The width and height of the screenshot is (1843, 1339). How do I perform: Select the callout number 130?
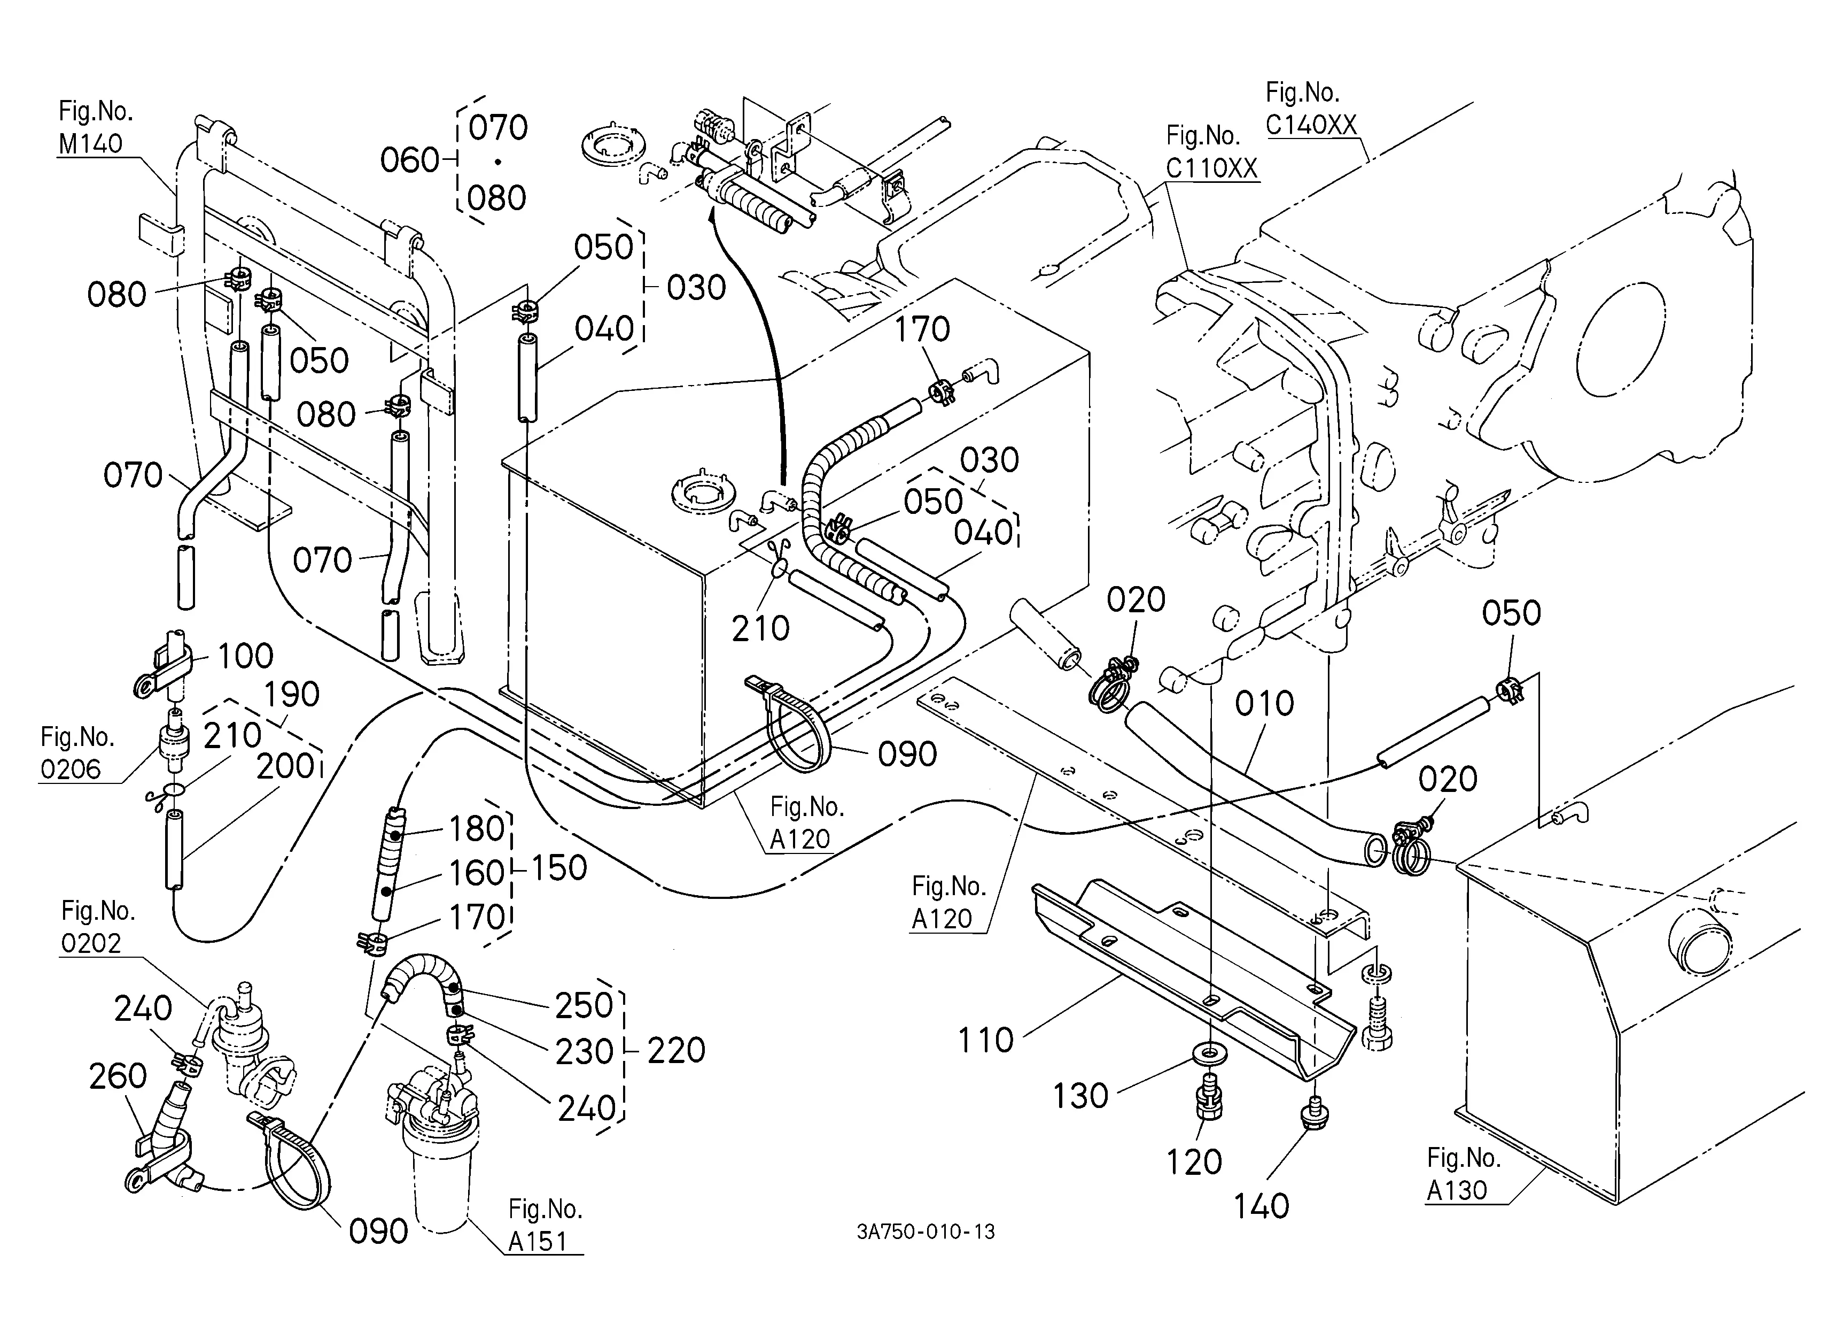pyautogui.click(x=1081, y=1096)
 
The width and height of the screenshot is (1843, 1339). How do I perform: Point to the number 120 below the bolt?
pyautogui.click(x=1194, y=1163)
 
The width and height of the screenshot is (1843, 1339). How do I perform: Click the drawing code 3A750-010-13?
pyautogui.click(x=926, y=1232)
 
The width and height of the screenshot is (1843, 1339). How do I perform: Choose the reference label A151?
pyautogui.click(x=537, y=1242)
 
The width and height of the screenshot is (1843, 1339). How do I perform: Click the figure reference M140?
pyautogui.click(x=90, y=144)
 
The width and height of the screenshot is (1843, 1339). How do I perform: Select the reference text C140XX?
pyautogui.click(x=1311, y=125)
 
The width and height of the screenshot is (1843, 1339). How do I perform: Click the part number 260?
pyautogui.click(x=118, y=1076)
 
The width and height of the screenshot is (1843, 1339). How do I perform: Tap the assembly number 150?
pyautogui.click(x=558, y=868)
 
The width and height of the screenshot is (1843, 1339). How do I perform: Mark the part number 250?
pyautogui.click(x=584, y=1006)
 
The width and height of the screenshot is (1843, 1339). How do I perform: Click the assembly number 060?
pyautogui.click(x=410, y=161)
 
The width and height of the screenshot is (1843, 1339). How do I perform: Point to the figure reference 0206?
pyautogui.click(x=71, y=769)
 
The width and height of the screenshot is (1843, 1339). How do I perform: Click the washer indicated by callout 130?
pyautogui.click(x=1211, y=1055)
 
